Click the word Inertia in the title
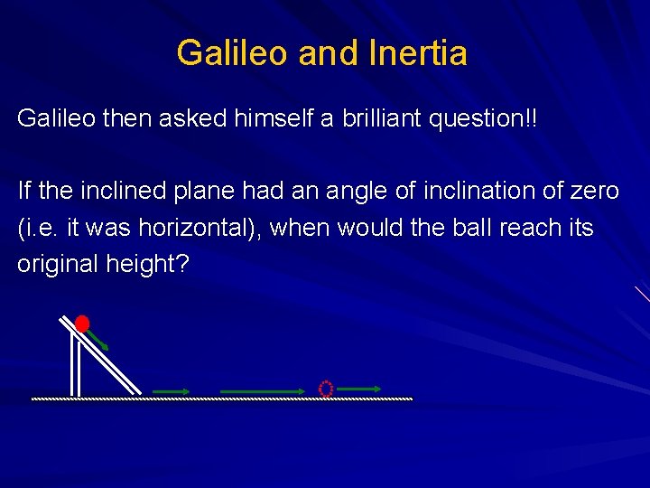[x=418, y=53]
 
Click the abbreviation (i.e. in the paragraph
[x=36, y=228]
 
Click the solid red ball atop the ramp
[x=82, y=324]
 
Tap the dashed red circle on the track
[x=326, y=389]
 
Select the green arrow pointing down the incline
[x=98, y=340]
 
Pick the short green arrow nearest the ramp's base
[x=171, y=391]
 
